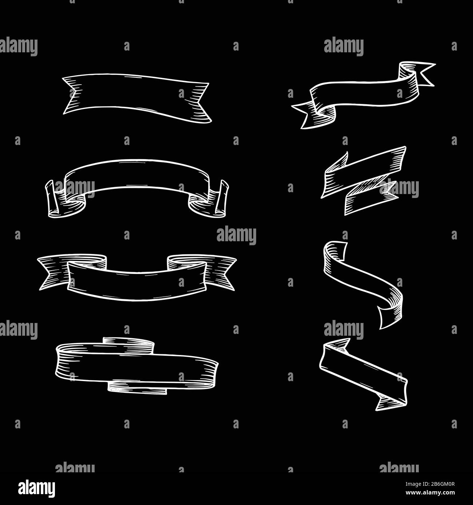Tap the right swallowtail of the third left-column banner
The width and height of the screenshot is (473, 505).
(220, 272)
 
